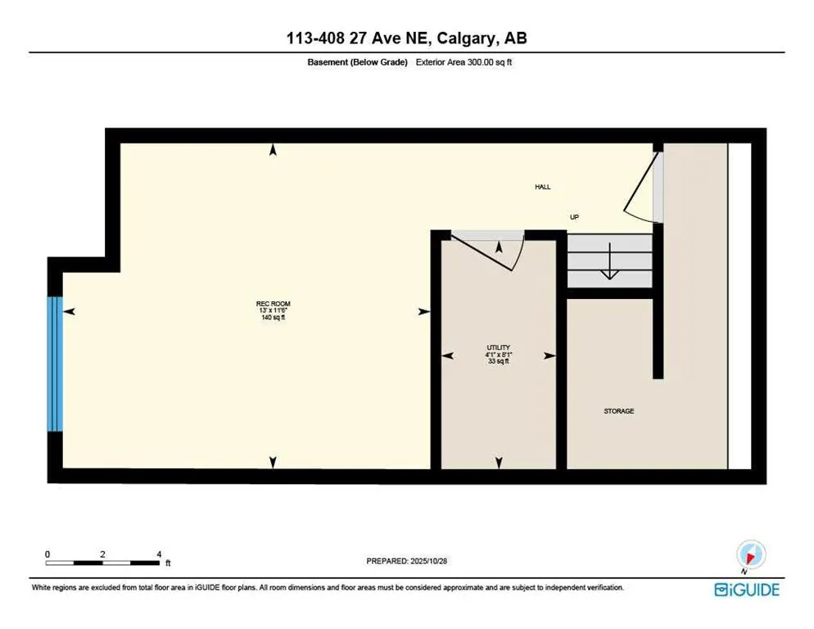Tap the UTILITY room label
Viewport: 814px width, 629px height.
(x=499, y=347)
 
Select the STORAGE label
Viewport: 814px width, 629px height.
(x=618, y=411)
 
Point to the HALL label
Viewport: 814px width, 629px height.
(x=543, y=187)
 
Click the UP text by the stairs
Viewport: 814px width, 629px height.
(x=575, y=217)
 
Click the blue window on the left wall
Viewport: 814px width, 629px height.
(x=55, y=363)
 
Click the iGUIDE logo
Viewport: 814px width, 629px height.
(x=746, y=590)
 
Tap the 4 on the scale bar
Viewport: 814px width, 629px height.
(x=158, y=554)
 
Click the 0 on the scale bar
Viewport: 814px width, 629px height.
(x=48, y=554)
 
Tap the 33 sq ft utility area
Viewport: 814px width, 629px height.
(x=499, y=360)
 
